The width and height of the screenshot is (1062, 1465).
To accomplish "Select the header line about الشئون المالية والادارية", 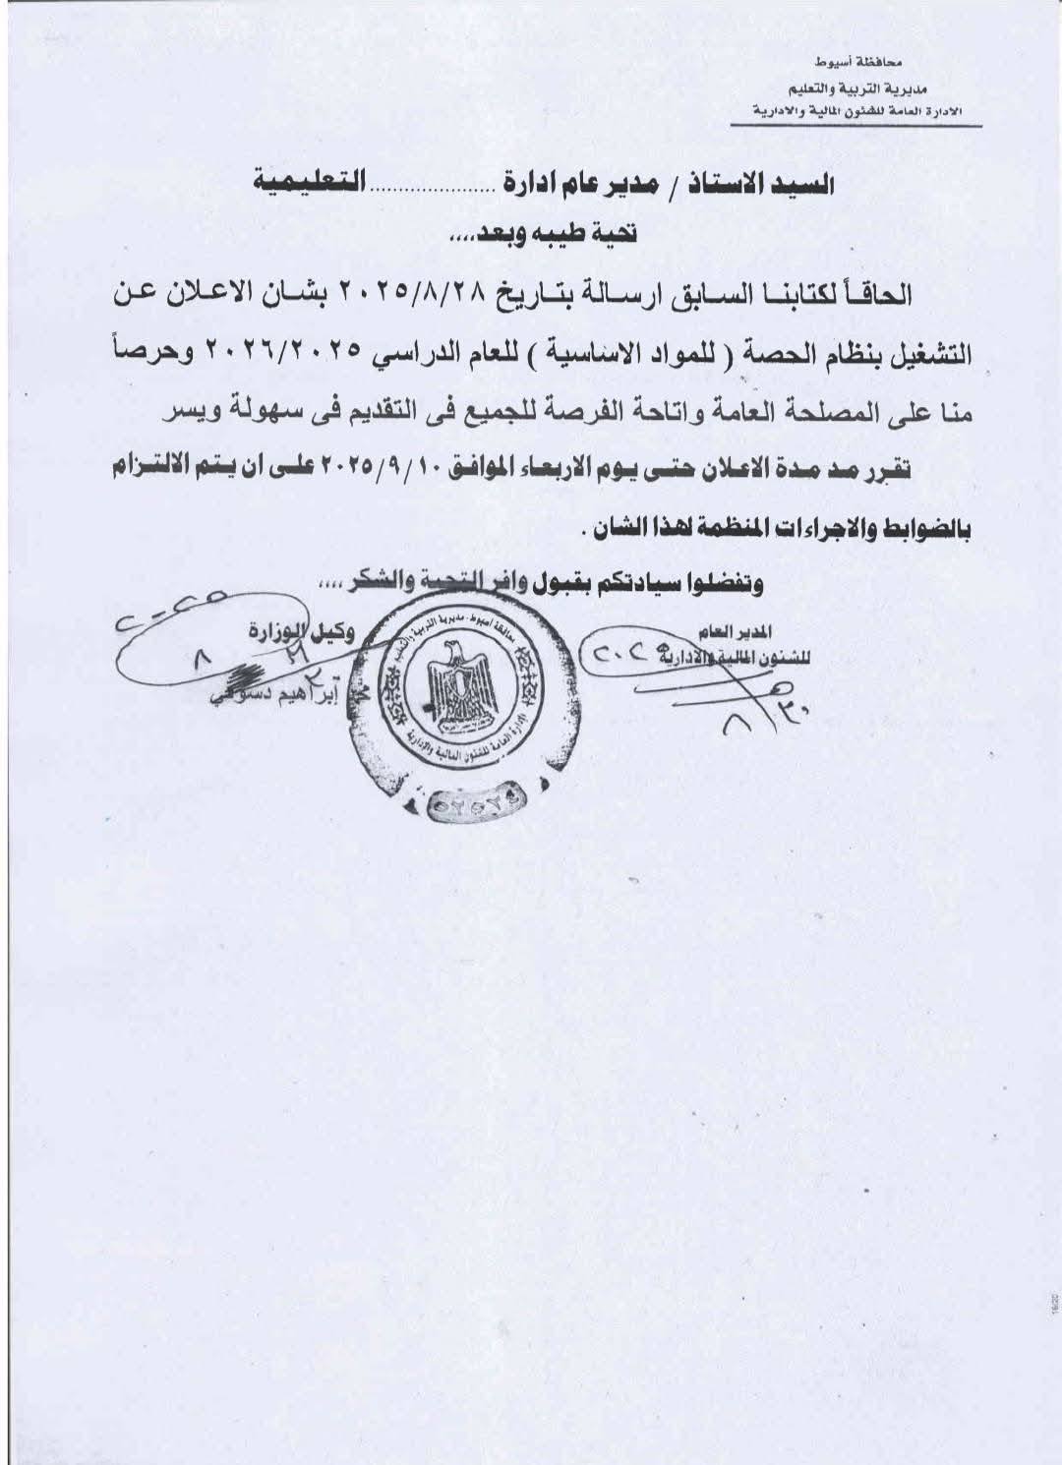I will [852, 109].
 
